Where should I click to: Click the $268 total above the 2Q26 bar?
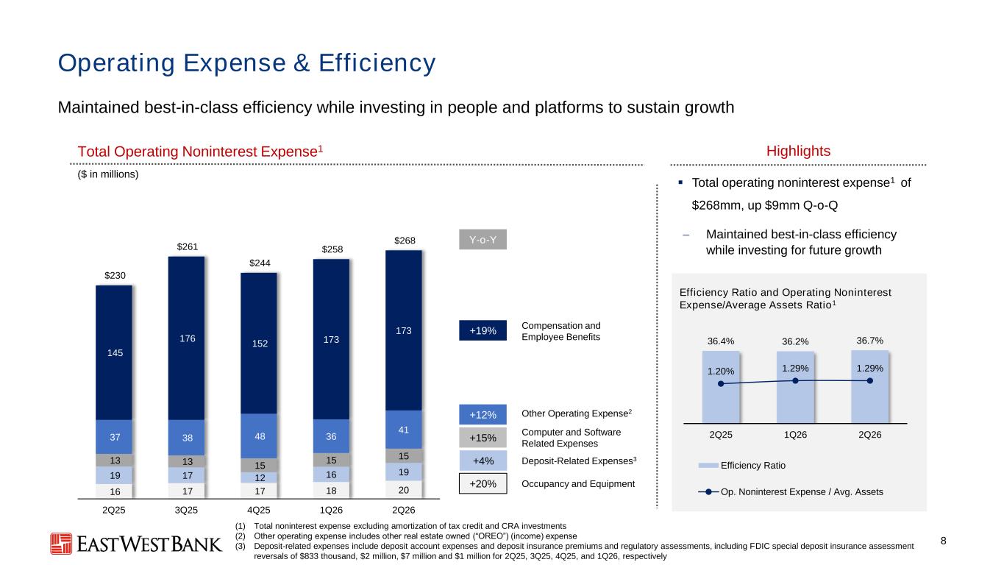(405, 241)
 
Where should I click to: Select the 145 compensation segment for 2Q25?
(114, 352)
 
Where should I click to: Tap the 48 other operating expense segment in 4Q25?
(259, 436)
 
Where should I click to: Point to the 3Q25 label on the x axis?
(187, 511)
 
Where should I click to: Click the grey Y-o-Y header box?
(483, 239)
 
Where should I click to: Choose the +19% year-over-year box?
(483, 330)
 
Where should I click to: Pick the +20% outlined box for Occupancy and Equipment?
(483, 484)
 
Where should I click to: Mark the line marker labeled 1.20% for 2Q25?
(721, 384)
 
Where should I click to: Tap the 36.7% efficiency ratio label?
(869, 341)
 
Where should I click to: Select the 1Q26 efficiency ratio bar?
(795, 387)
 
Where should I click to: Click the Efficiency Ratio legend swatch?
(708, 466)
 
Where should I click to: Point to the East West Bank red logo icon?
(61, 544)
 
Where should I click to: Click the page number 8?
(944, 541)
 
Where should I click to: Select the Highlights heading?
(798, 151)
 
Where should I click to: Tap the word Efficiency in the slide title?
(377, 63)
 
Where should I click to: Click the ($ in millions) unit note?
(108, 174)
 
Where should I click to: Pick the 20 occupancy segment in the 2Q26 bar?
(403, 490)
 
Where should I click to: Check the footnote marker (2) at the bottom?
(241, 536)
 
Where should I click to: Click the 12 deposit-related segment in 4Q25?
(259, 477)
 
